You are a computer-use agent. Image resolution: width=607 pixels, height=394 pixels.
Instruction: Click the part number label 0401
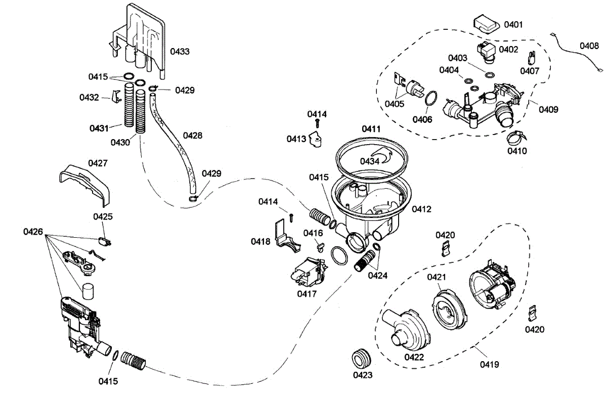click(x=514, y=24)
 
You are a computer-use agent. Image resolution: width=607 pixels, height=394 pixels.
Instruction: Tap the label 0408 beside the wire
click(x=589, y=46)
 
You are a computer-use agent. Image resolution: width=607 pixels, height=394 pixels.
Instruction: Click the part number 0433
click(x=180, y=52)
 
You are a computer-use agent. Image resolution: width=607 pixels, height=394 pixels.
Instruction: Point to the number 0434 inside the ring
click(x=370, y=161)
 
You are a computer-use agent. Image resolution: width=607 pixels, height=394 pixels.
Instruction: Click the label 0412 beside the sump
click(x=421, y=208)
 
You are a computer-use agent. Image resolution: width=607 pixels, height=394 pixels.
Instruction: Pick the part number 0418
click(x=261, y=241)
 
